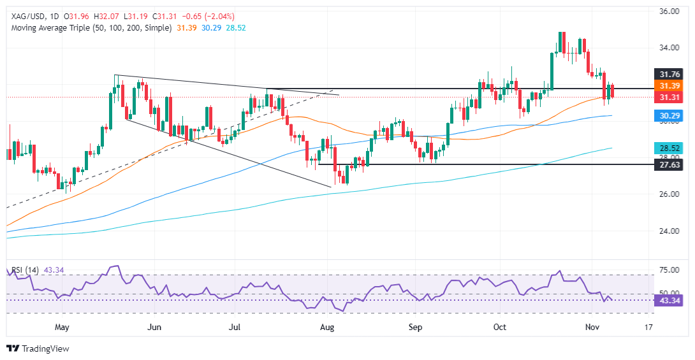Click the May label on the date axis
coord(62,328)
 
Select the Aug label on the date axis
coord(327,328)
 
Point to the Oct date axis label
coord(499,328)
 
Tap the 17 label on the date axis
coord(648,328)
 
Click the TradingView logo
coord(38,349)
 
